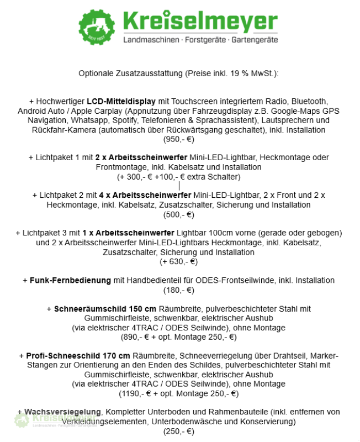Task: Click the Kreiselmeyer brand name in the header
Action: click(200, 22)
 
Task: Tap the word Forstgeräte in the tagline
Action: click(200, 41)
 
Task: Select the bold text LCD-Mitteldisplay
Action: click(120, 102)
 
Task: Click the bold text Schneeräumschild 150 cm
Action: click(105, 308)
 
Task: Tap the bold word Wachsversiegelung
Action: click(62, 412)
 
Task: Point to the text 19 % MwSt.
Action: click(253, 73)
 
